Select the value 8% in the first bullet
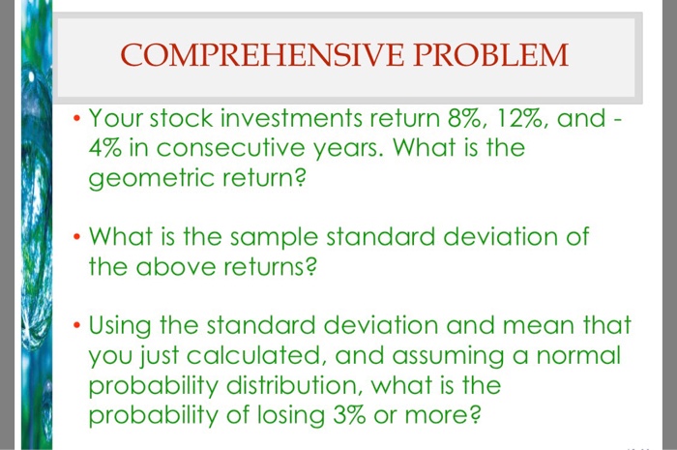point(443,120)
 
